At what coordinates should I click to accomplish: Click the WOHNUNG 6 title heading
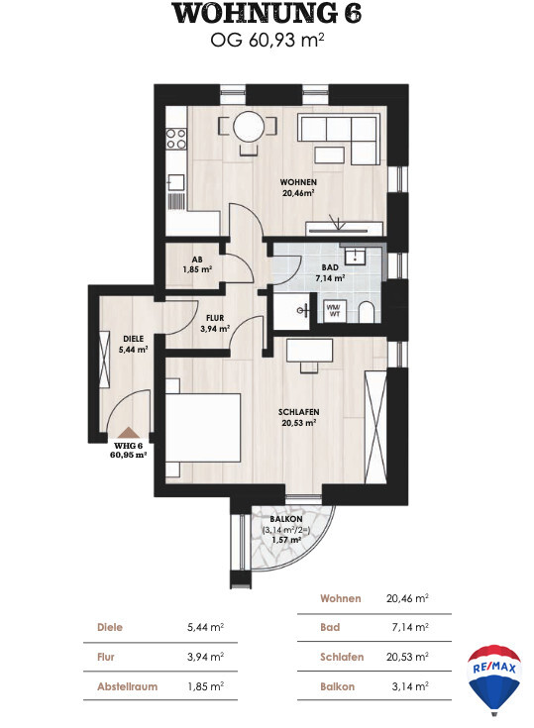267,14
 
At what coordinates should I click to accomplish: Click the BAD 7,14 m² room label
330,273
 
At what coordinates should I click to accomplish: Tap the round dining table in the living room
249,126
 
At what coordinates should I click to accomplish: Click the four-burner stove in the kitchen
176,139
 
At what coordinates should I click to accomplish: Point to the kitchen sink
176,183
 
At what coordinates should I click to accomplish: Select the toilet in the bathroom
367,312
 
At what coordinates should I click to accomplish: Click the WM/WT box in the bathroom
334,311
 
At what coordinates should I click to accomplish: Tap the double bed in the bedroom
203,428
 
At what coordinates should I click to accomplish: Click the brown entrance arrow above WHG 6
128,433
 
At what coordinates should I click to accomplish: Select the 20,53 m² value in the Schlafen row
407,657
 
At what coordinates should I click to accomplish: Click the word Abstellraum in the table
127,686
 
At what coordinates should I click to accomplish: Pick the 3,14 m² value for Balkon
410,686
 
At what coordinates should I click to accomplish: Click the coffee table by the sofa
329,156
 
